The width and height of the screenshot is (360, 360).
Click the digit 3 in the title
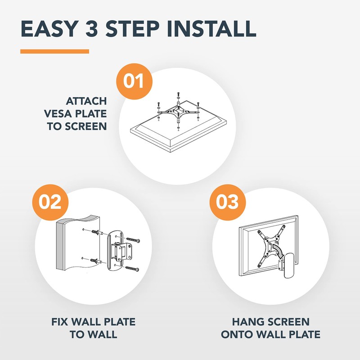tap(92, 29)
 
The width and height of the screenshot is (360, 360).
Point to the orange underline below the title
tap(54, 51)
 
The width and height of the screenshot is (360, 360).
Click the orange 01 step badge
tap(134, 81)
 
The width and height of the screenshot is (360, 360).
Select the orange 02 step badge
tap(50, 202)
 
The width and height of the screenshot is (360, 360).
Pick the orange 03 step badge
tap(228, 202)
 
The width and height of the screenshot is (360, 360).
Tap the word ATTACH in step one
tap(86, 101)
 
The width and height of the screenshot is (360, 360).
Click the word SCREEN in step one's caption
tap(85, 126)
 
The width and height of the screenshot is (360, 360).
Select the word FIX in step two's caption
tap(59, 322)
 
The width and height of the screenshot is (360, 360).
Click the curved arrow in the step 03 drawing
tap(278, 251)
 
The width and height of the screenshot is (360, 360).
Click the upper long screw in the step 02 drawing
tap(133, 239)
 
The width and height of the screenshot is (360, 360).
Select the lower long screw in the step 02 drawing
tap(132, 268)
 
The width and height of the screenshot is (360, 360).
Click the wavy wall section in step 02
tap(78, 243)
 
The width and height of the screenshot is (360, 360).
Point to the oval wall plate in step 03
tap(288, 265)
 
